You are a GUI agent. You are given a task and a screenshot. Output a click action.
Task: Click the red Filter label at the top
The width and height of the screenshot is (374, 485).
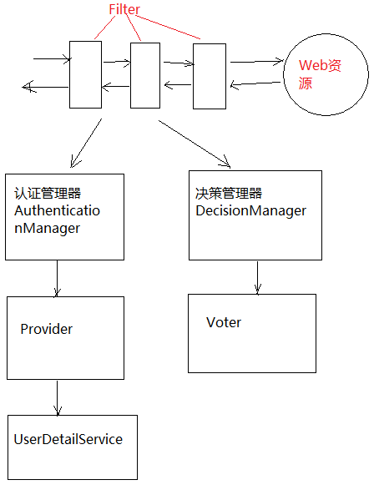(124, 10)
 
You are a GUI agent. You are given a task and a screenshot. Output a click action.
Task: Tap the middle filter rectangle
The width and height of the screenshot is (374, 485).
(144, 75)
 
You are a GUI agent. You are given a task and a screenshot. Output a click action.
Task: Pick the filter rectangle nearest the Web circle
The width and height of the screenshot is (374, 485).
(209, 76)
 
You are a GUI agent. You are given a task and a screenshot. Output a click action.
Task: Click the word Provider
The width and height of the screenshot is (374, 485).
(46, 329)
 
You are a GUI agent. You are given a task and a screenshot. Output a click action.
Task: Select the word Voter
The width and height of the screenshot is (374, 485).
(223, 322)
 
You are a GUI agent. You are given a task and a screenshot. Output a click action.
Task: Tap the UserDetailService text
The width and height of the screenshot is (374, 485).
(68, 439)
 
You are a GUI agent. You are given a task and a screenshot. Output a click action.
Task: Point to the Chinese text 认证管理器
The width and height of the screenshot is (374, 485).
(48, 194)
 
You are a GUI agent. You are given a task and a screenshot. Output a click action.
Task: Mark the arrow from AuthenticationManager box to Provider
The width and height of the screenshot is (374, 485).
(57, 278)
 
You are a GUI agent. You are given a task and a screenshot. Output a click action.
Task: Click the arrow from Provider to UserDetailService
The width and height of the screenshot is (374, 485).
(57, 397)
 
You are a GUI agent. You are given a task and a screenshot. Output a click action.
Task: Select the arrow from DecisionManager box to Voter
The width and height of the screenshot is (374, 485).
(258, 276)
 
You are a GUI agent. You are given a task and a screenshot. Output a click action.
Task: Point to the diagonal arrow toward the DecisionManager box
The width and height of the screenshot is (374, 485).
(194, 144)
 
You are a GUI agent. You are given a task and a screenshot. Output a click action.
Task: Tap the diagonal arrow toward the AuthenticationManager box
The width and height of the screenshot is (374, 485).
(86, 142)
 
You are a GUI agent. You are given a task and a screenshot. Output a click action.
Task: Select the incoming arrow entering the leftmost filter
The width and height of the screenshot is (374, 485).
(50, 60)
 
